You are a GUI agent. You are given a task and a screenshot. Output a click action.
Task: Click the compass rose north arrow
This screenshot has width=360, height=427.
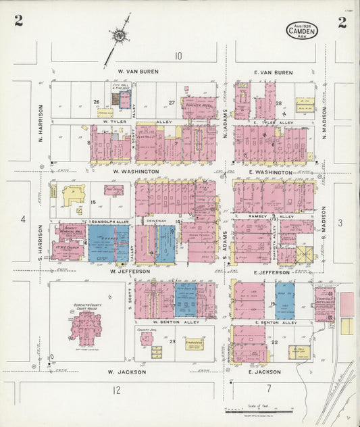120,34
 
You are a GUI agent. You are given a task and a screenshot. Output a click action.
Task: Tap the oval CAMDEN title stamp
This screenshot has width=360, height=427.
301,29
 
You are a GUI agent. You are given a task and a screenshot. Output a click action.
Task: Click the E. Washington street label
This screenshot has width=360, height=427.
273,172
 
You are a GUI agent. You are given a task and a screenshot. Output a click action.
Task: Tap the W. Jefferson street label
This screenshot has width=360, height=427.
129,271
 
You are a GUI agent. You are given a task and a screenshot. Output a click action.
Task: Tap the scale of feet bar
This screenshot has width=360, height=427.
259,410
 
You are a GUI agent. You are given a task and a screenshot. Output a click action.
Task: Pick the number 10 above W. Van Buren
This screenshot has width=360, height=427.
178,56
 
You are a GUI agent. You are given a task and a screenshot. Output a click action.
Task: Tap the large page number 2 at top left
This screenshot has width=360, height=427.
18,21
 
